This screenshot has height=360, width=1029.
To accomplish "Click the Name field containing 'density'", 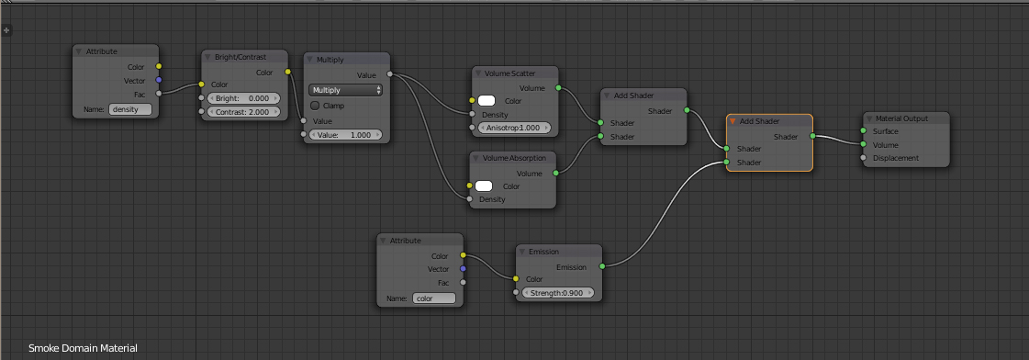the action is coord(130,109).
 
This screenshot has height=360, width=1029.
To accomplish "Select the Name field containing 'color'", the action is coord(434,298).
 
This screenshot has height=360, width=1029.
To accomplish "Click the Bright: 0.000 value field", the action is coord(243,98).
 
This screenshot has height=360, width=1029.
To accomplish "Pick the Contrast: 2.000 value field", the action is coord(243,112).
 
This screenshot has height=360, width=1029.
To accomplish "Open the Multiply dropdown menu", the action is coord(345,90).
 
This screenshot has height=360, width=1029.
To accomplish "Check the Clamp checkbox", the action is coord(315,105).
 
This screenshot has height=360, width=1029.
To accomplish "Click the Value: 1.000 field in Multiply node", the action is coord(345,135).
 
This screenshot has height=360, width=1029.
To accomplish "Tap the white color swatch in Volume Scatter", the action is coord(487,101).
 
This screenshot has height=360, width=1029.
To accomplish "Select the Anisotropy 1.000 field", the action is coord(514,128).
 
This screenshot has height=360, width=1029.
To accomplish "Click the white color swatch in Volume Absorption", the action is coord(484,186).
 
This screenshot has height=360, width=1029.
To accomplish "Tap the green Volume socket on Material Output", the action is coord(863,145).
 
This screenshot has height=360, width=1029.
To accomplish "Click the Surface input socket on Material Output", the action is coord(863,131).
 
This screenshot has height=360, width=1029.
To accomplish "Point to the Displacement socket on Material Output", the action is coord(863,158).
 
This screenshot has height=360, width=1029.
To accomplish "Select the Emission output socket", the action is coord(602,266).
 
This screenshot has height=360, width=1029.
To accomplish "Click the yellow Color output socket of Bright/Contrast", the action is coord(287,72).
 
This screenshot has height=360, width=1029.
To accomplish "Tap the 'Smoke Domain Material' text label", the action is coord(83,348).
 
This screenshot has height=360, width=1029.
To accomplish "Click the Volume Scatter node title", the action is coord(509,73).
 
